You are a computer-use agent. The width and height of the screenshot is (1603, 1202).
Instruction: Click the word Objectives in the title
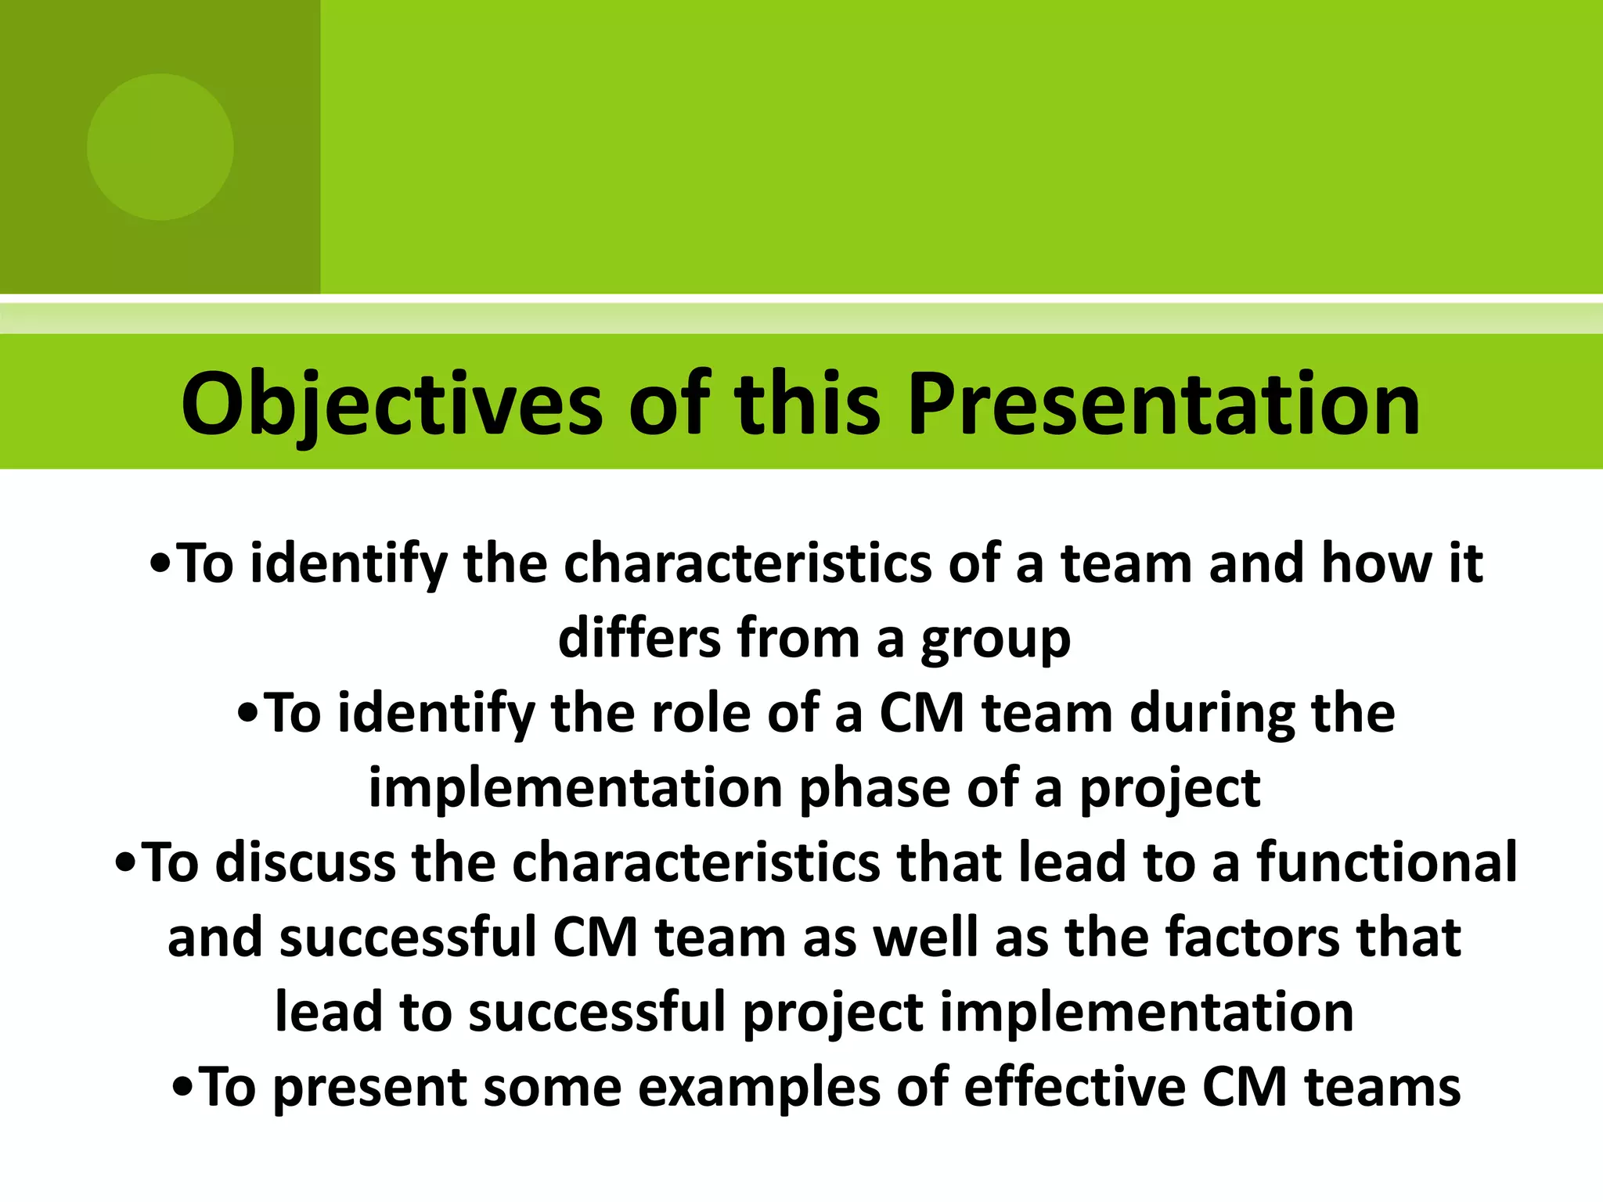pos(391,405)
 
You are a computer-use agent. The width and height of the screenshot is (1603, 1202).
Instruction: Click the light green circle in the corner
pos(160,146)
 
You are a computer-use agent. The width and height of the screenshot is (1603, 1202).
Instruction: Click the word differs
pos(639,638)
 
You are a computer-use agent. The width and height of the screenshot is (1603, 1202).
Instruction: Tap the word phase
pos(874,789)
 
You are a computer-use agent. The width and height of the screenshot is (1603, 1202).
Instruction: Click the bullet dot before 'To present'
pos(183,1089)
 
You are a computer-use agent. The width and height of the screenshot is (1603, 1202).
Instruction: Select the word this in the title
pos(808,405)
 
